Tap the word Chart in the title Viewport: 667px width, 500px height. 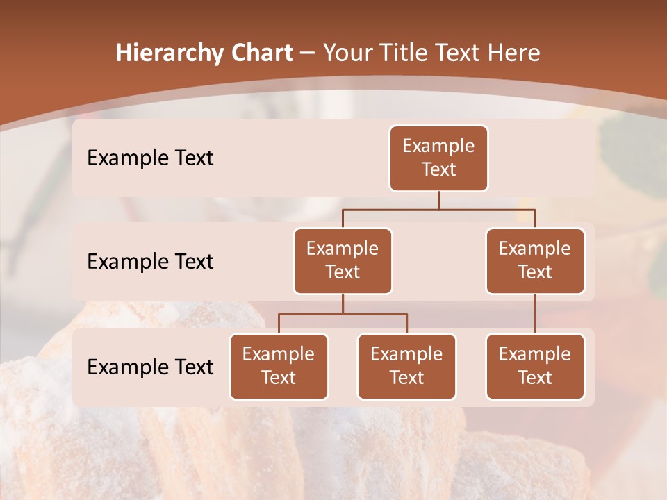tap(258, 53)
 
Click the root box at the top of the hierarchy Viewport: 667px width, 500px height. tap(438, 158)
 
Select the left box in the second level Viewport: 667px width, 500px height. tap(343, 261)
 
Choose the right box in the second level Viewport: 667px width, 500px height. tap(535, 261)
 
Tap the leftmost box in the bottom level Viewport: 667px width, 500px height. tap(279, 367)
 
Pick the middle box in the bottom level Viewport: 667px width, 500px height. tap(406, 367)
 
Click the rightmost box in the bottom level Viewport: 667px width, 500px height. tap(535, 367)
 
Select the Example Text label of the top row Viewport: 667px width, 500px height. tap(150, 158)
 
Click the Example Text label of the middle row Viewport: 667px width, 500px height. tap(150, 262)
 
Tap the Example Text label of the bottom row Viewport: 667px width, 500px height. tap(150, 367)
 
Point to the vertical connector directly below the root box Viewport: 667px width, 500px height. tap(438, 200)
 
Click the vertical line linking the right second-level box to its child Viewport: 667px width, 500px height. tap(535, 314)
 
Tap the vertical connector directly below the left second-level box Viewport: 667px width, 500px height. tap(343, 304)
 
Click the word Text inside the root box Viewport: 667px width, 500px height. tap(438, 170)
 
